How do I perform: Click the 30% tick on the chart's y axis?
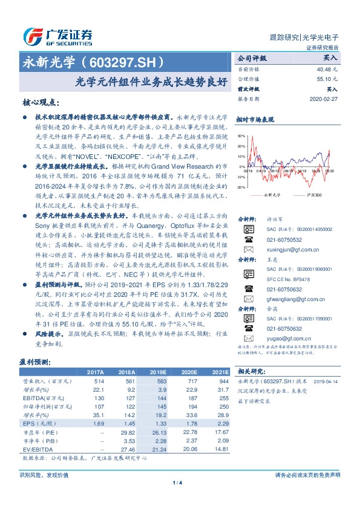click(242, 137)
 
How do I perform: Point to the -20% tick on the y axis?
click(241, 187)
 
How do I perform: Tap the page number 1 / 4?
click(179, 482)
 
